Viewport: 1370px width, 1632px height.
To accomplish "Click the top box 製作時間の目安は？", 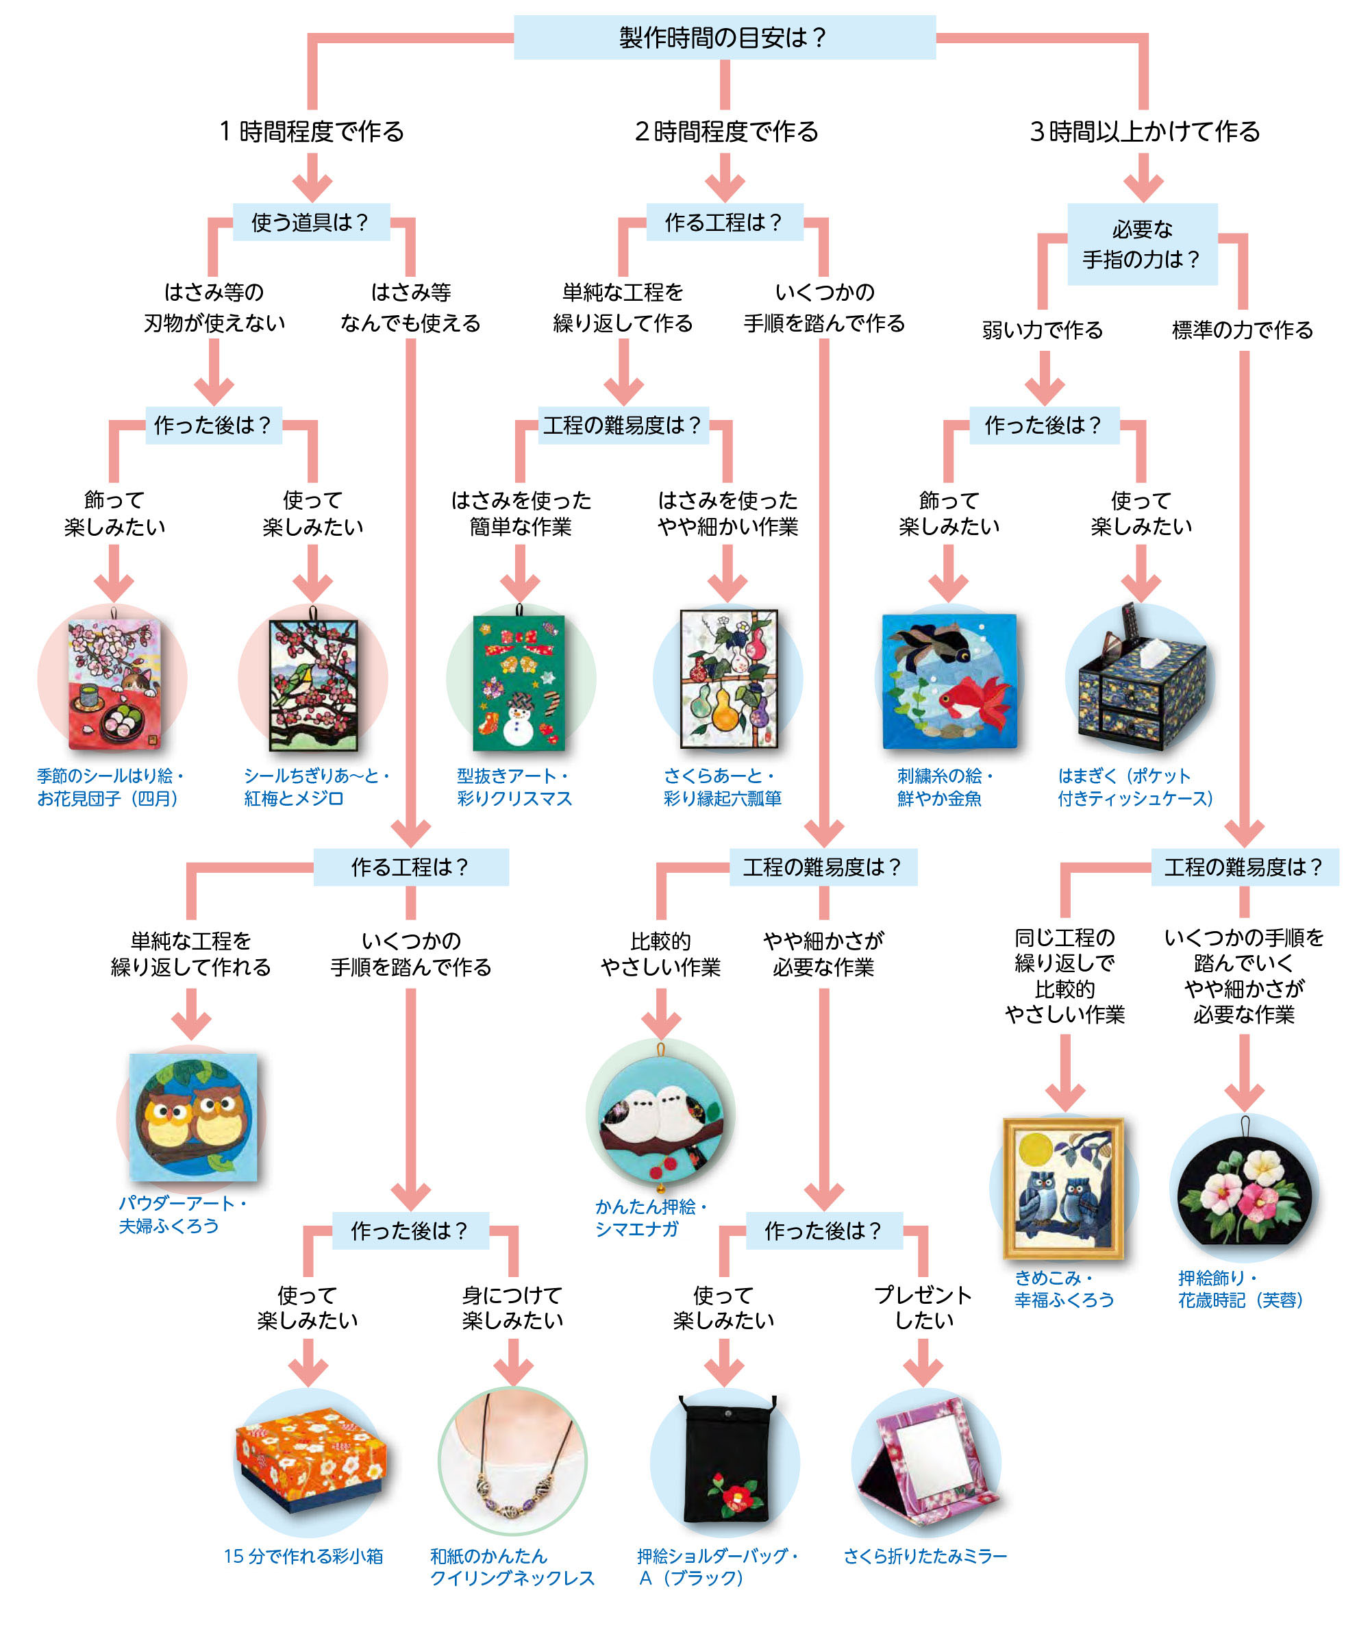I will click(x=723, y=37).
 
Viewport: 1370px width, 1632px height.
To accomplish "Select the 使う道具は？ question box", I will click(x=310, y=222).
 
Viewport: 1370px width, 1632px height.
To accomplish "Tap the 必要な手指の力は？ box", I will click(x=1141, y=244).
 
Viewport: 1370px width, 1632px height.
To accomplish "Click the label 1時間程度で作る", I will click(x=312, y=132).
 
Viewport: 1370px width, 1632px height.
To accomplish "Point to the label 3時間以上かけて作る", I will click(x=1144, y=132).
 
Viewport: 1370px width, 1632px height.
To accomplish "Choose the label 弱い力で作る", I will click(x=1042, y=330).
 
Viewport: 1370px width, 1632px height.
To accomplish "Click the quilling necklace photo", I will click(x=512, y=1461).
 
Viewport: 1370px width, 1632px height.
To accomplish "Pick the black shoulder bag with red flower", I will click(x=725, y=1461).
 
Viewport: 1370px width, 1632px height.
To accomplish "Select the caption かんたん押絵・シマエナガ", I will click(x=651, y=1217).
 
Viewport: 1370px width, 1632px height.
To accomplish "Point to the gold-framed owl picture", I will click(x=1063, y=1187).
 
